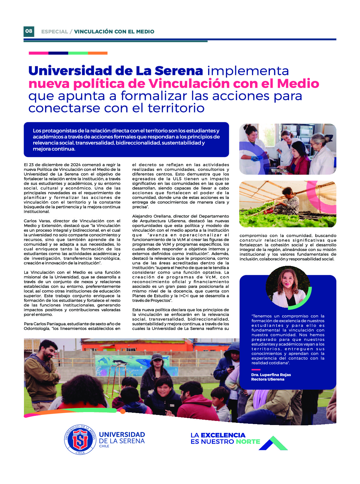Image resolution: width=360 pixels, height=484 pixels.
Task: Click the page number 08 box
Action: coord(29,31)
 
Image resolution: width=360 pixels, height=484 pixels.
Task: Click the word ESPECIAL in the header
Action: coord(55,32)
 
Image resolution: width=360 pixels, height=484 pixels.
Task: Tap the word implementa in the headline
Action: coord(248,71)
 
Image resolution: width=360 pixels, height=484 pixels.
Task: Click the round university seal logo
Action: coord(80,440)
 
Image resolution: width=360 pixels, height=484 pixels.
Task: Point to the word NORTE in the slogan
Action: coord(248,442)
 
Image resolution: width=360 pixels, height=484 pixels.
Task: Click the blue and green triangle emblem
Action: coord(273,443)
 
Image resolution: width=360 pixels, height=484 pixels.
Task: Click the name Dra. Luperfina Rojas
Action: coord(271,375)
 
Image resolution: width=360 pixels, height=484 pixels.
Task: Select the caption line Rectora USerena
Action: coord(268,379)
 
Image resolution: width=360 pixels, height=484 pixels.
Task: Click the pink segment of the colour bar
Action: coord(38,53)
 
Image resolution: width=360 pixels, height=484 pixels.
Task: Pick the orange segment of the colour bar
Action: coord(98,53)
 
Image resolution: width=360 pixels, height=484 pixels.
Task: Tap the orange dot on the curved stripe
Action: coord(123,411)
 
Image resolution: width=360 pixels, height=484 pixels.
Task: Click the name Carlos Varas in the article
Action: coord(37,221)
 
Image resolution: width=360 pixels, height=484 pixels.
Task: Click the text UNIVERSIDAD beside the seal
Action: coord(122,435)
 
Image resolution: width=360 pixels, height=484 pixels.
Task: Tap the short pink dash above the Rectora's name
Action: coord(256,370)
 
